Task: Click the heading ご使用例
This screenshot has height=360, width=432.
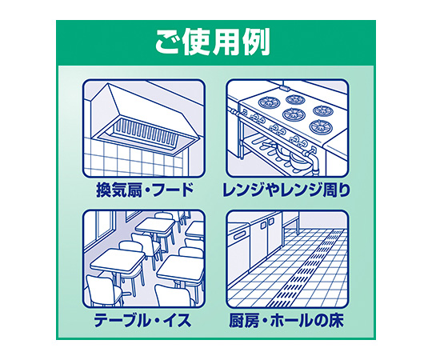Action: [x=212, y=42]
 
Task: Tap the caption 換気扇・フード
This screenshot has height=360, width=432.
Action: [x=145, y=190]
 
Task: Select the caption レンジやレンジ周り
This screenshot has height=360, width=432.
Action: [x=286, y=190]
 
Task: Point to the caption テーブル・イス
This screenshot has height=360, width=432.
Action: [x=142, y=320]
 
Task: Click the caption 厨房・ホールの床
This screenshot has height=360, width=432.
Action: [x=286, y=320]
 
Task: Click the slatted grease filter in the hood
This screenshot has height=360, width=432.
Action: [x=145, y=131]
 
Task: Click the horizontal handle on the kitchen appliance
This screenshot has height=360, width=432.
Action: [x=240, y=236]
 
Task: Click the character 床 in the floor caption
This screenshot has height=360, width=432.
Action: [x=336, y=320]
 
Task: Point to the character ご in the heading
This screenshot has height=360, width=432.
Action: [x=167, y=43]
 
